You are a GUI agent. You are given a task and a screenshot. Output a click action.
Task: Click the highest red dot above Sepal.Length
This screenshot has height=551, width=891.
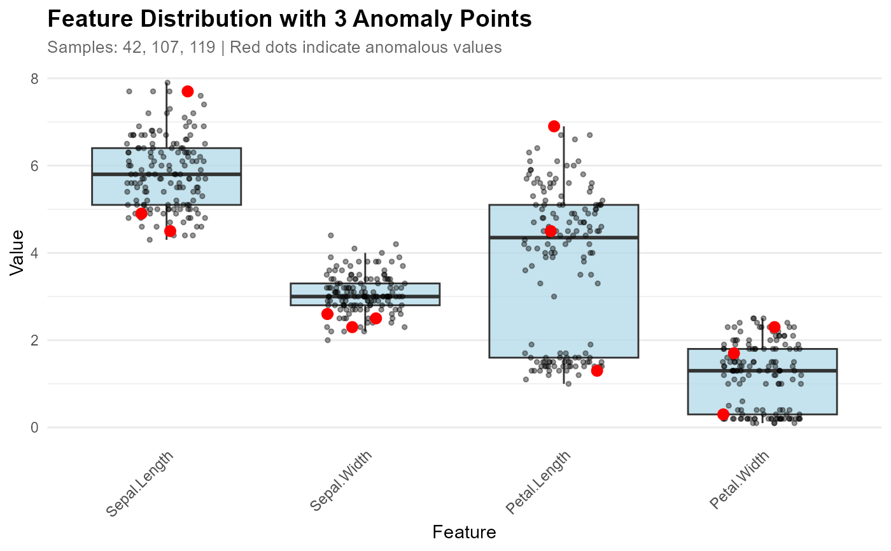pos(187,91)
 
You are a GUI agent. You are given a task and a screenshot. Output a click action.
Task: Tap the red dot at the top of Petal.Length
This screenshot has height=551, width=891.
pos(554,126)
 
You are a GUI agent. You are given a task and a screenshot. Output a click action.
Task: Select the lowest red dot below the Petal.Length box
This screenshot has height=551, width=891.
pos(596,371)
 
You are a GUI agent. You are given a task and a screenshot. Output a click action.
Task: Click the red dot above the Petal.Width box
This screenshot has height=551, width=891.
pos(774,326)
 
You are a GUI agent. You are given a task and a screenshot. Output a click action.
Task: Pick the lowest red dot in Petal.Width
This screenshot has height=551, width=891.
pos(723,414)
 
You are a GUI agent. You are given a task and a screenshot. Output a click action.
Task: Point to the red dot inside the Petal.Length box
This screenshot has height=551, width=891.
pos(551,231)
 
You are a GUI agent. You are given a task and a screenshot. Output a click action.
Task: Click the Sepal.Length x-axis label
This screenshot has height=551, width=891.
pos(140,484)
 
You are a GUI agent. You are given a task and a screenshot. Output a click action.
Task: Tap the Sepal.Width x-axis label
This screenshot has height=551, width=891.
pos(342,482)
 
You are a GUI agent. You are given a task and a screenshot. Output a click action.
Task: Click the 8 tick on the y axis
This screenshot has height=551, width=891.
pos(34,78)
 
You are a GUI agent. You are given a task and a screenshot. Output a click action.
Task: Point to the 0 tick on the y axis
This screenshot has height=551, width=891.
pos(34,428)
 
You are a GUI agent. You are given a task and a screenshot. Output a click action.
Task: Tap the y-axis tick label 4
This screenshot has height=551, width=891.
pos(34,253)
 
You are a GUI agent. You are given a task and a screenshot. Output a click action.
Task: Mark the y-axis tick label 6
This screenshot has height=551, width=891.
pos(34,165)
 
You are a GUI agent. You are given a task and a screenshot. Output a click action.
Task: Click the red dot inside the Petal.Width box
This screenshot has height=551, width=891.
pos(733,353)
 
